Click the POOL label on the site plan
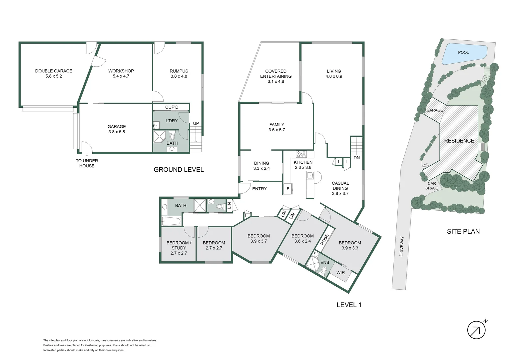point(463,52)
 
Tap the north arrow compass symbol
point(476,330)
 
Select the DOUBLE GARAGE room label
point(54,71)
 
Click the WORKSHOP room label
point(121,71)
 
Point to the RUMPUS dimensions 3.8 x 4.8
point(179,76)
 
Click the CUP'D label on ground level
point(172,107)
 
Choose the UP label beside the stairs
point(196,124)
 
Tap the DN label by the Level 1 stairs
point(356,158)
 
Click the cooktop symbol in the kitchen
point(301,154)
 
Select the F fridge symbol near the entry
point(288,189)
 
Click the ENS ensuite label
point(324,263)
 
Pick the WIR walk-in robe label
point(340,273)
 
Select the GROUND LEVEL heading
point(179,170)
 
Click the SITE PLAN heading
point(463,231)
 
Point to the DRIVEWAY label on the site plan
point(401,246)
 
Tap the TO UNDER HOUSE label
point(87,163)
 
